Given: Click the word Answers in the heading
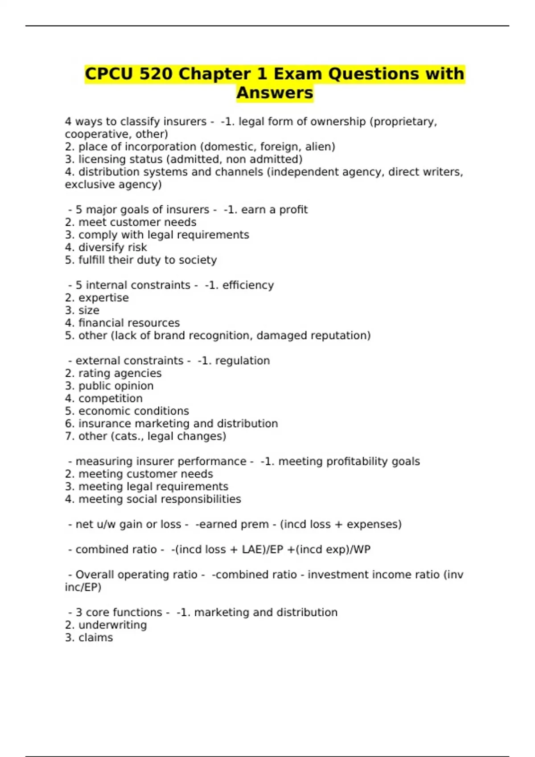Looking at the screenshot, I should tap(275, 93).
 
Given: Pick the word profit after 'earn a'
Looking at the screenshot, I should tap(293, 210).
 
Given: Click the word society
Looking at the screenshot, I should tap(198, 260).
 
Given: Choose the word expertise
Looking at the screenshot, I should tap(103, 298).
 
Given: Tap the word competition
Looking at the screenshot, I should tap(111, 399).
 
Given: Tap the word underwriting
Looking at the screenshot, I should tap(112, 625).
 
